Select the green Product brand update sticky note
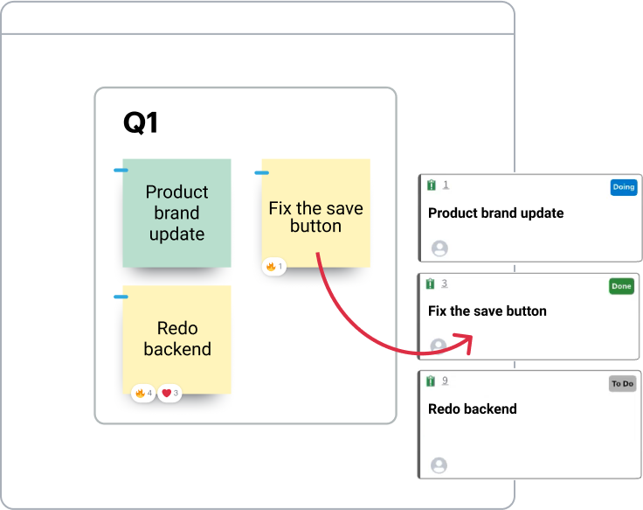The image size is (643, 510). click(176, 213)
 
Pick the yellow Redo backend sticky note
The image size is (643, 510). click(176, 339)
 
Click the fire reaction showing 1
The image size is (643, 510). click(274, 266)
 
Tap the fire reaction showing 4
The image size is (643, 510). click(143, 394)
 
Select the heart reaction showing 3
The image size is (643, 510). click(169, 394)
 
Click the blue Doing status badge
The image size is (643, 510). click(623, 187)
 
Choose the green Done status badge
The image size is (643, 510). click(621, 286)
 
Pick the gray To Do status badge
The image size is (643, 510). click(622, 384)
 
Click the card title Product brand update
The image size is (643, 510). click(495, 213)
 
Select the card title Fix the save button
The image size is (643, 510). click(487, 311)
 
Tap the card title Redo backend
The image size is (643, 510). click(472, 409)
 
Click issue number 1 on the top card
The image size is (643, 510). click(446, 185)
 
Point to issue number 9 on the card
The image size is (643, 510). click(445, 381)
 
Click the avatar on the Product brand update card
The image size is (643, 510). click(439, 248)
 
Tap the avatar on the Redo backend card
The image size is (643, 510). click(439, 465)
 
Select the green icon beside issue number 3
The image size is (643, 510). click(431, 283)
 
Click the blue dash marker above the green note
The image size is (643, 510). click(121, 171)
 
